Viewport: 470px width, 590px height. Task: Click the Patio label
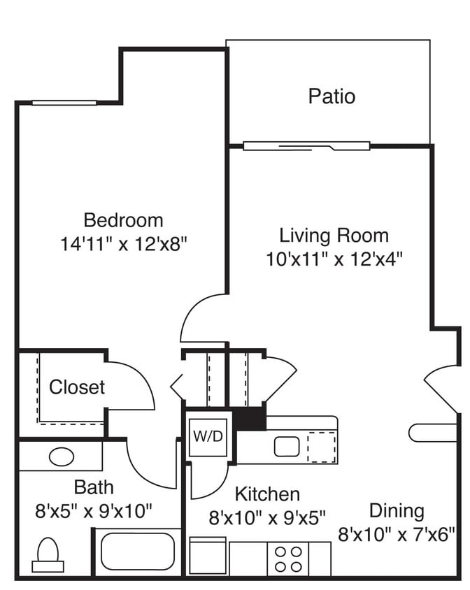332,96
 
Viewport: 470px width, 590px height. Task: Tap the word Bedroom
123,220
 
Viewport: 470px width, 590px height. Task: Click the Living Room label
334,235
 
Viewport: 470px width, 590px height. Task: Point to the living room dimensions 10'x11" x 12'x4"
334,259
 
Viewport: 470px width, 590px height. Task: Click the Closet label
77,387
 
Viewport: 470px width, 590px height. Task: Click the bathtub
138,552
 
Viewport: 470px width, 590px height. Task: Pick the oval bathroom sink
62,457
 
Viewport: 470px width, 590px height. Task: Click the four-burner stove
289,559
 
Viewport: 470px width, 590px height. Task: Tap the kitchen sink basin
287,446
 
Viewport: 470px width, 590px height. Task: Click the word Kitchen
267,494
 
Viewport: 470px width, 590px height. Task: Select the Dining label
397,510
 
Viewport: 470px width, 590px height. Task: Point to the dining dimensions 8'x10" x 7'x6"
397,535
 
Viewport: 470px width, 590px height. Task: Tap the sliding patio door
306,146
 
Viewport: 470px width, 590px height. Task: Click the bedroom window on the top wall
64,103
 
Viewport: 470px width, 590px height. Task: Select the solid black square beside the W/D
249,419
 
